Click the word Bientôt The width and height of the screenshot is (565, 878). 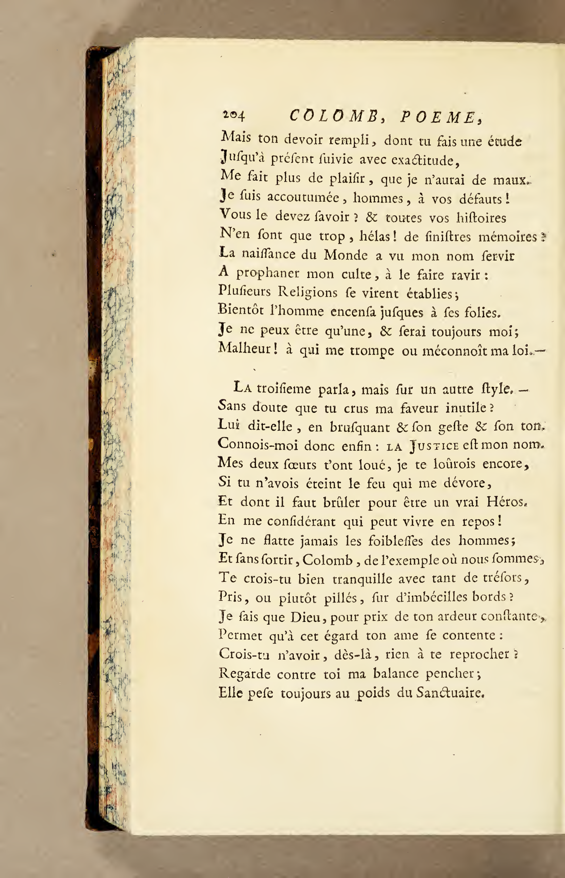click(241, 310)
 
